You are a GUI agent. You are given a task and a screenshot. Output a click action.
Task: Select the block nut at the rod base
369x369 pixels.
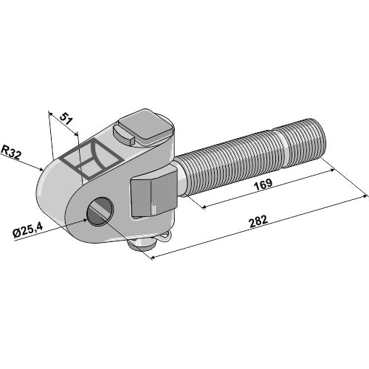coord(154,192)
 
